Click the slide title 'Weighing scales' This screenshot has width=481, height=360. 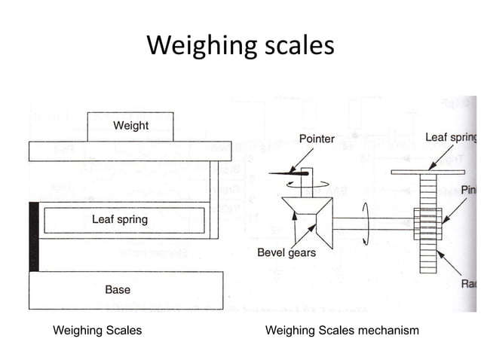[240, 45]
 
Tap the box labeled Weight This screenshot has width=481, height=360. [130, 126]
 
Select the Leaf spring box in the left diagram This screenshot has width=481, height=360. [120, 220]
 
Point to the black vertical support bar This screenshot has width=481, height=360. [33, 236]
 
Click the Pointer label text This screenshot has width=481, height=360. [317, 139]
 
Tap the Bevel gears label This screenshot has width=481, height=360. [286, 252]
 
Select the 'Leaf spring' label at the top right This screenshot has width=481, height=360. [450, 138]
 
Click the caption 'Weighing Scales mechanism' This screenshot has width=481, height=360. [342, 331]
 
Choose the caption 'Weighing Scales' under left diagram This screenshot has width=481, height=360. [97, 331]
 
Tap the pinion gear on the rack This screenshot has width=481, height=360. [428, 224]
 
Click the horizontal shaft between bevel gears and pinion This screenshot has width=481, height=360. [369, 224]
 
